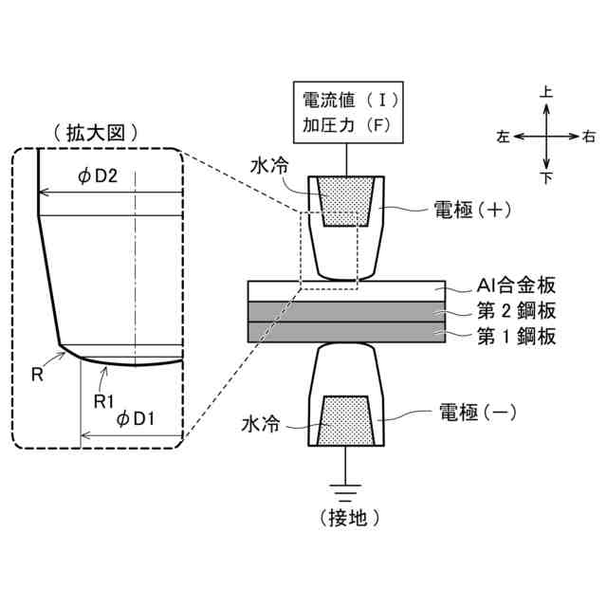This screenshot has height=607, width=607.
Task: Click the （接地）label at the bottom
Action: [347, 517]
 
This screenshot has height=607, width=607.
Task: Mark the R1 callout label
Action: [105, 399]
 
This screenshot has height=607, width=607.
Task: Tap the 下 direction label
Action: [546, 176]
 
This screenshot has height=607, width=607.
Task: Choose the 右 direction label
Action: [589, 137]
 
